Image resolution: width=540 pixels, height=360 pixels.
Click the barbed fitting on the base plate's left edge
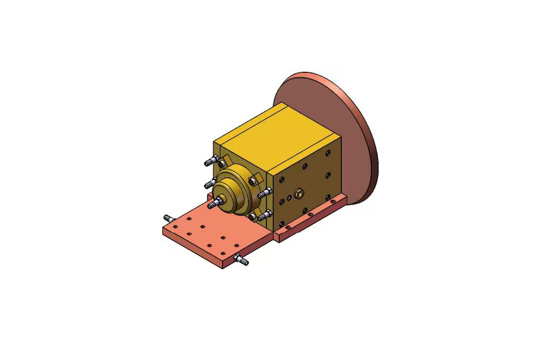tap(169, 218)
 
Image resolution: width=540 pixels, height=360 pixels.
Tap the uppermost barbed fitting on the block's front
tap(211, 161)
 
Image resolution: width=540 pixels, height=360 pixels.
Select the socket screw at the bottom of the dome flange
tap(252, 217)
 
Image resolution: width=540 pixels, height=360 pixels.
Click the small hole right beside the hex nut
tap(289, 198)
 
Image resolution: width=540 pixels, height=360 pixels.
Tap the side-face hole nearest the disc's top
tap(327, 153)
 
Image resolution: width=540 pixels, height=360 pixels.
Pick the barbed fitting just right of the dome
tap(264, 193)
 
